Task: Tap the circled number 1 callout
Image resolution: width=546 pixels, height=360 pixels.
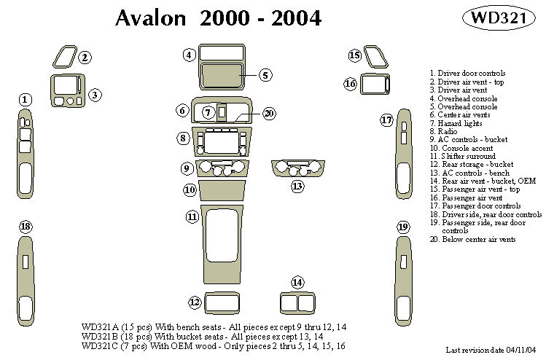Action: click(26, 99)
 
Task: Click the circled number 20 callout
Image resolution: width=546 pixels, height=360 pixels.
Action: click(269, 113)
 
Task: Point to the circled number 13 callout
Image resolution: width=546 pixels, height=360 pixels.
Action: click(297, 187)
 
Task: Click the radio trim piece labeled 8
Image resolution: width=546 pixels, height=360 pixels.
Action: click(221, 141)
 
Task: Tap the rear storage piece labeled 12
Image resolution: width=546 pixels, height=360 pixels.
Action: click(218, 302)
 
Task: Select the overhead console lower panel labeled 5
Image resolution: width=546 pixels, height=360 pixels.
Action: click(222, 75)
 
